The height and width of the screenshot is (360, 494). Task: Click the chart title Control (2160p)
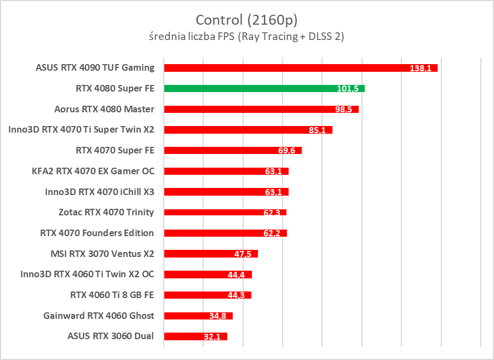point(246,20)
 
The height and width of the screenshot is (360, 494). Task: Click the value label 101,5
point(348,89)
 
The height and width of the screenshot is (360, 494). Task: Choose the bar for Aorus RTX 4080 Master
point(261,109)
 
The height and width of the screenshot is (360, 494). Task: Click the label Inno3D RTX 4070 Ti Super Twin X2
point(82,130)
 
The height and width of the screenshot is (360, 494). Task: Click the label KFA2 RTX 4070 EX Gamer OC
point(93,171)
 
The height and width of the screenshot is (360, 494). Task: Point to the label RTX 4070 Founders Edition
point(97,233)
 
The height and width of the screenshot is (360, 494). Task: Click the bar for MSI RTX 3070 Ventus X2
point(210,254)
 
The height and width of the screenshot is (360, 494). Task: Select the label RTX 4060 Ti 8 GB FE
point(112,295)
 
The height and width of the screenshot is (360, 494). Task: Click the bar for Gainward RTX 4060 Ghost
point(198,316)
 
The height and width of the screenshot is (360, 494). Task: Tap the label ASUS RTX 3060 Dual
point(111,336)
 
